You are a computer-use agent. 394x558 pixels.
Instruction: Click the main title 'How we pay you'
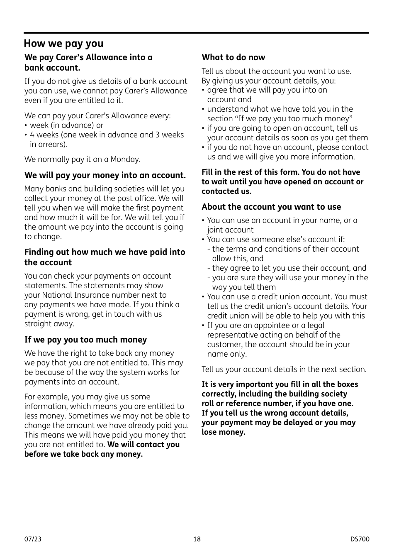(x=63, y=44)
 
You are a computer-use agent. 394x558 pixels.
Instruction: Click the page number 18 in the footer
(x=197, y=539)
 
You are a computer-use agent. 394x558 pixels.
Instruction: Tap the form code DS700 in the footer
(x=359, y=539)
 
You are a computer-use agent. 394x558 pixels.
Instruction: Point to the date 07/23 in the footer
(x=33, y=539)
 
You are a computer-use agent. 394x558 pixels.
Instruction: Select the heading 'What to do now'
(x=233, y=58)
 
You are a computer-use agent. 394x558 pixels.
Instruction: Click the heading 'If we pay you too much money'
(x=85, y=340)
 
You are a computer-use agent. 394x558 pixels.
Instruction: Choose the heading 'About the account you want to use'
(x=271, y=207)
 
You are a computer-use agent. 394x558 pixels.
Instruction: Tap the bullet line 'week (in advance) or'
(x=66, y=125)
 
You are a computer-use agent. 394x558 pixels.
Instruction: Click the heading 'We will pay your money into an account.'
(x=105, y=176)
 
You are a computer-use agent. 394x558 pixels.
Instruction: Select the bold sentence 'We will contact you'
(x=143, y=445)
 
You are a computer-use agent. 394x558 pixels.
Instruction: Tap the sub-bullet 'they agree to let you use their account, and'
(x=289, y=268)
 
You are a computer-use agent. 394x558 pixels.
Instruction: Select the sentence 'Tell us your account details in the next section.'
(x=284, y=370)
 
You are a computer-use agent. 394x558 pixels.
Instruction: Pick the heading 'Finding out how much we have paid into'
(x=105, y=252)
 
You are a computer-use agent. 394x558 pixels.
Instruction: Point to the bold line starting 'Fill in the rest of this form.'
(x=281, y=172)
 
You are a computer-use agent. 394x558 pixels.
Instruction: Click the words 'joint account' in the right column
(x=230, y=230)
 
